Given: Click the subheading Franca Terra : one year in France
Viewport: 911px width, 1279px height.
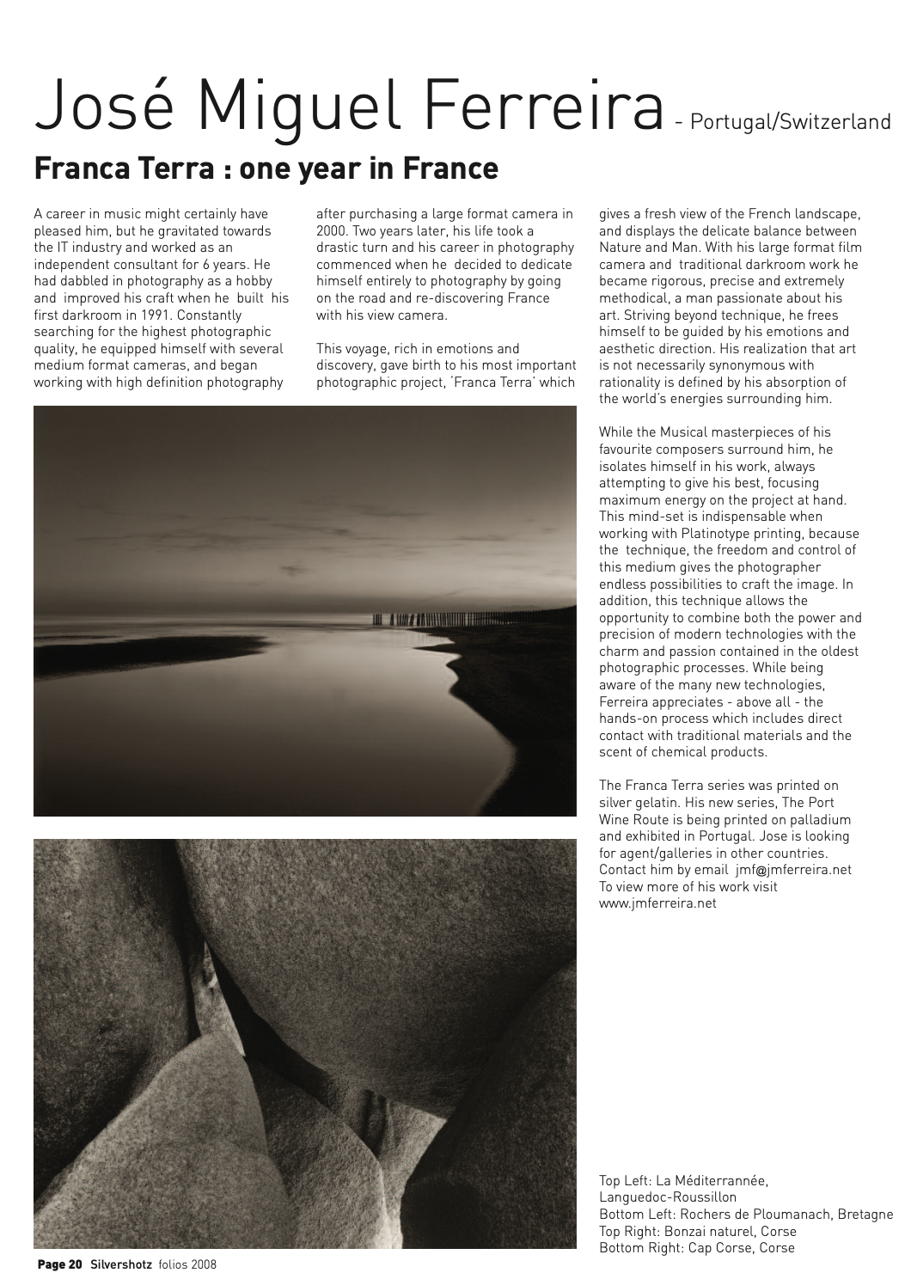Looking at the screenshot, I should (266, 168).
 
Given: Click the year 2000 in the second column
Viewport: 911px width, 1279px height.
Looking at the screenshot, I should (331, 231).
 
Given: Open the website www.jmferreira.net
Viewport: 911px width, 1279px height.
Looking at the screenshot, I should (657, 903).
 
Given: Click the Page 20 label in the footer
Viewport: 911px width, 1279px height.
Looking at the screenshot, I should (58, 1264).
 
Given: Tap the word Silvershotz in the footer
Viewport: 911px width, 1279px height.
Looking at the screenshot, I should (121, 1264).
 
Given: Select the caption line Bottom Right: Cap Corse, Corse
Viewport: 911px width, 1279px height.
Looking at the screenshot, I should (697, 1247).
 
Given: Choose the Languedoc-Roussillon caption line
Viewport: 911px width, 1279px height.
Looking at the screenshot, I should (667, 1196).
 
